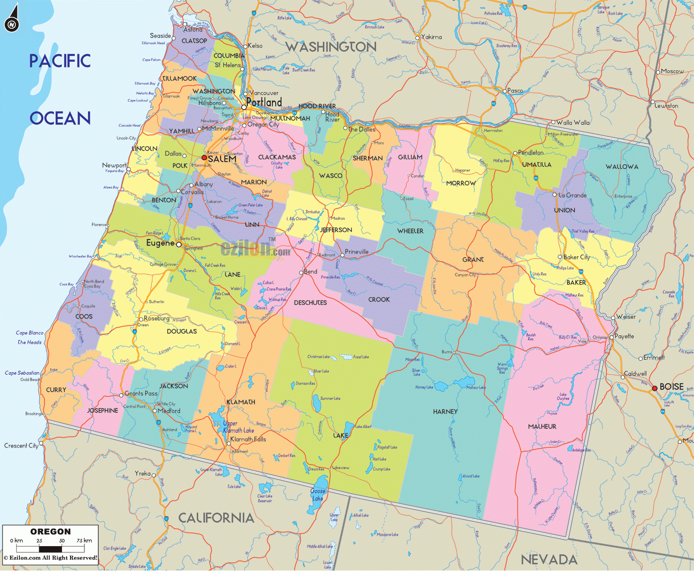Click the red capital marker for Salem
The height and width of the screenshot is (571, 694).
click(x=204, y=158)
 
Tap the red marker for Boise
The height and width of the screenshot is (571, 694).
click(x=655, y=388)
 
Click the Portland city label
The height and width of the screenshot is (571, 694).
click(x=264, y=102)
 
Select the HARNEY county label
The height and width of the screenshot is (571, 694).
click(x=445, y=411)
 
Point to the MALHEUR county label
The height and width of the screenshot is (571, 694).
click(x=542, y=426)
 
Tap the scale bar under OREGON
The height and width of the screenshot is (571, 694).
click(x=50, y=549)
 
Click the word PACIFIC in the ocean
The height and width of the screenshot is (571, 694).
click(x=60, y=61)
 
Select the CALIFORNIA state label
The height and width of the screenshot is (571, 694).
click(x=216, y=518)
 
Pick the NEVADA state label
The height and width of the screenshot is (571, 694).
click(x=549, y=560)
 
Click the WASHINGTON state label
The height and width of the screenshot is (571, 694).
click(x=331, y=47)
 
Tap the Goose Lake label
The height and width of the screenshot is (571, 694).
click(x=318, y=495)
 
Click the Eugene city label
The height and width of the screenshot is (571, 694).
click(x=160, y=243)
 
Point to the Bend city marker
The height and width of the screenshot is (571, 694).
click(x=301, y=272)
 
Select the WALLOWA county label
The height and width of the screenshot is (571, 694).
click(x=621, y=167)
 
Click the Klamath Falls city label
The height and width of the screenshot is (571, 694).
click(x=248, y=439)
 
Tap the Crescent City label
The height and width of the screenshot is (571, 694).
click(x=21, y=445)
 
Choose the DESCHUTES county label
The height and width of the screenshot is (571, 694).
click(x=310, y=303)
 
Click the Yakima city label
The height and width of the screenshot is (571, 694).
click(x=431, y=37)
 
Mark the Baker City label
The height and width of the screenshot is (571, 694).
click(x=576, y=257)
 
